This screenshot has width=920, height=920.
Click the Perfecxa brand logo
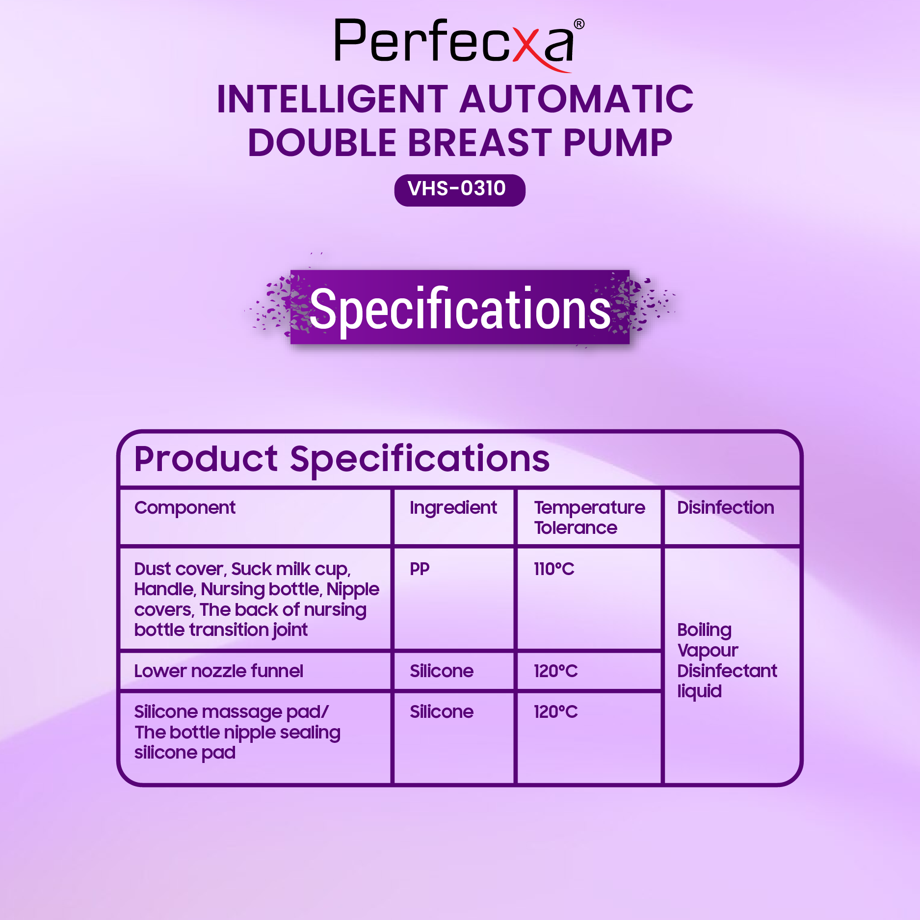tap(459, 44)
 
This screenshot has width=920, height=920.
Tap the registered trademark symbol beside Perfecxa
tap(579, 24)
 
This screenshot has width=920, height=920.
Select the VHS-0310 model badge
tap(460, 190)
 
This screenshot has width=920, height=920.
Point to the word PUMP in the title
tap(618, 143)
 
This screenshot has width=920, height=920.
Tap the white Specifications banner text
tap(460, 309)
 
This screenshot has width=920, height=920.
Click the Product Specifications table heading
tap(342, 459)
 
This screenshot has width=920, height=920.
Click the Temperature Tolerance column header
tap(589, 518)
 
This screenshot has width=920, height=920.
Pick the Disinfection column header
tap(726, 508)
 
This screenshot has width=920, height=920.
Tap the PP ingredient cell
tap(420, 569)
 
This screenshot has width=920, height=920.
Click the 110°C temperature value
tap(554, 569)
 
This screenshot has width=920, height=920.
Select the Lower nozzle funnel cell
tap(219, 671)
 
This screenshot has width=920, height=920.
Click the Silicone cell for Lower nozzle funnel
tap(442, 671)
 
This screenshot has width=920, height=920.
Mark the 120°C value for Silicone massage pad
tap(556, 712)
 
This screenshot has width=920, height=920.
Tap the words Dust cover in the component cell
tap(179, 569)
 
